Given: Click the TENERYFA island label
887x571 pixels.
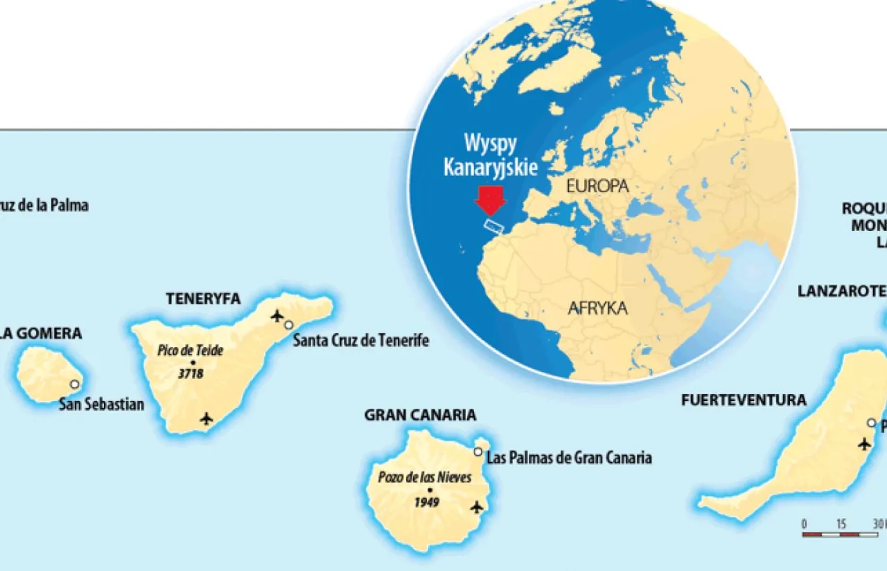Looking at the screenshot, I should (x=203, y=299).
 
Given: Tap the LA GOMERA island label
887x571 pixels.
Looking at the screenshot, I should (x=41, y=334).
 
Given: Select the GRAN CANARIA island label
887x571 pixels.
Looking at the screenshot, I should (x=420, y=416).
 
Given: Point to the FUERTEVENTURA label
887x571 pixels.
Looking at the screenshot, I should (x=744, y=400).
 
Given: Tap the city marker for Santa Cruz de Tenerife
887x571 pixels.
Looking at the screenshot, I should (x=288, y=325).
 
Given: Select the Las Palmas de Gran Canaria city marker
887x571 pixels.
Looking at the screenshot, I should (x=477, y=452).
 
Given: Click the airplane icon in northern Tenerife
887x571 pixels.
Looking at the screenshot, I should (x=277, y=317).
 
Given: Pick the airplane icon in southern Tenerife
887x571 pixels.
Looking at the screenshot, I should (x=206, y=418).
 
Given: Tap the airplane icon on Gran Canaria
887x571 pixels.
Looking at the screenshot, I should (x=476, y=507).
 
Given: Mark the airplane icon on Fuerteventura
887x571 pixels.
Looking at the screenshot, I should (x=863, y=443).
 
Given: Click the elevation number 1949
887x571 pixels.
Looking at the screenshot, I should (x=427, y=502).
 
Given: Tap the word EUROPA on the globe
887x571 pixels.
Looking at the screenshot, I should (x=597, y=186).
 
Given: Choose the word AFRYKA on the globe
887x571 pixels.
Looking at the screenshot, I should (x=597, y=308).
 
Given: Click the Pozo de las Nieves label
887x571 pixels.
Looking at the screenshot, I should (x=425, y=477).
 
